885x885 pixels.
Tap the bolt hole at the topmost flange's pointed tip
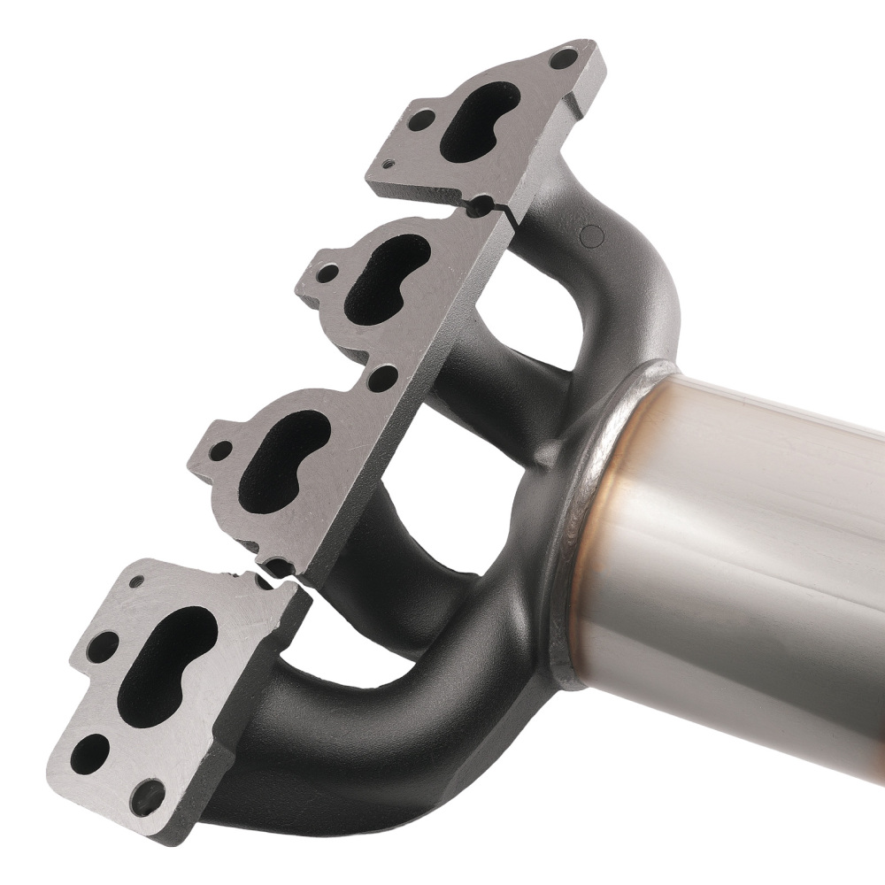tap(560, 60)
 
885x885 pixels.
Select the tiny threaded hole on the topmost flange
tap(389, 164)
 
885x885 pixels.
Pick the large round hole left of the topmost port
tap(424, 118)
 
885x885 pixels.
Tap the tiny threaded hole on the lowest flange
tap(136, 582)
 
